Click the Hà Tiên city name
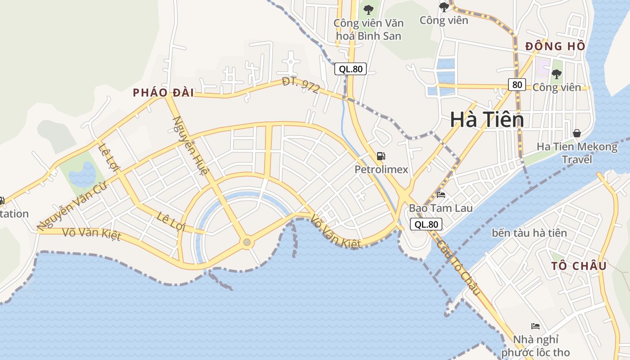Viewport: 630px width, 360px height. (487, 120)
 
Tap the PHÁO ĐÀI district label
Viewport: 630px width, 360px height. (163, 93)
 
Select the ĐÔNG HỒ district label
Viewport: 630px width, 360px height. (556, 46)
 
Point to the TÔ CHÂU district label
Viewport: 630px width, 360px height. (579, 266)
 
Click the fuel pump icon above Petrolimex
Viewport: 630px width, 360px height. (381, 156)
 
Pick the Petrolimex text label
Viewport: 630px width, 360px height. (381, 170)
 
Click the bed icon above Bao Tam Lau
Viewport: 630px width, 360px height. (441, 195)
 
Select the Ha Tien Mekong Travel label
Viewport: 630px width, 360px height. (577, 153)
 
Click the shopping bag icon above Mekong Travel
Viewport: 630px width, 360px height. (577, 133)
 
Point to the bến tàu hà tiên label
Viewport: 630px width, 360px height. (529, 233)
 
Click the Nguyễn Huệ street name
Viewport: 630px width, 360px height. (191, 146)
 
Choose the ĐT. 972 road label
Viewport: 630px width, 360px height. (301, 85)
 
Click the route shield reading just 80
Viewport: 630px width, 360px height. (517, 84)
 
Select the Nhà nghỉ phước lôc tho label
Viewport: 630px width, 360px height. (535, 346)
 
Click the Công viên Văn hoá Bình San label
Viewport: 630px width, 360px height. (369, 29)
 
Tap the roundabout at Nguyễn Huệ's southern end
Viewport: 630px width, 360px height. (247, 243)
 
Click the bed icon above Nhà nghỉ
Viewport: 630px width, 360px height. (535, 326)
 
